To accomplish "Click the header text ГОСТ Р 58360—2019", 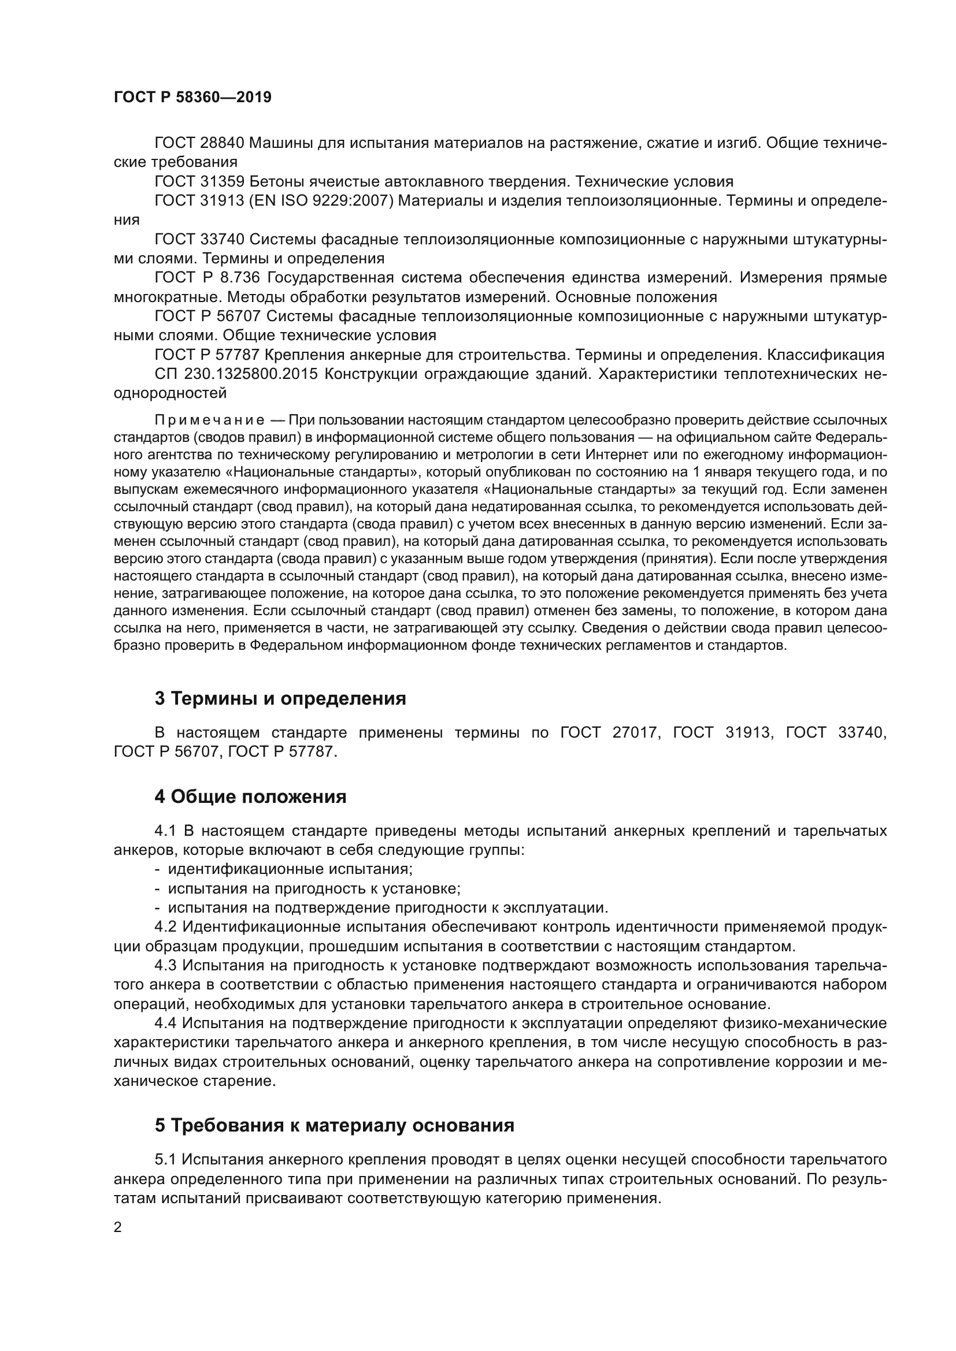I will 192,98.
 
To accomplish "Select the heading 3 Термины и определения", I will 280,698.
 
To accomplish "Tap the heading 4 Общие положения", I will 250,797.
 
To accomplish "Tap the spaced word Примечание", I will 209,420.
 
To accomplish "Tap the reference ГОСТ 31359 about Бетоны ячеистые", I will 199,181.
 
